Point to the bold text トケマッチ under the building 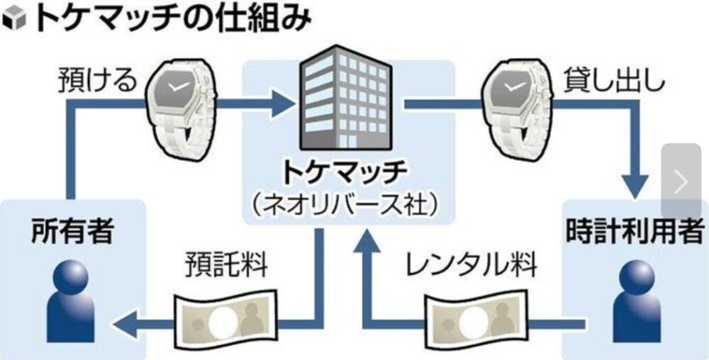pos(345,172)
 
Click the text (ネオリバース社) pos(345,204)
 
